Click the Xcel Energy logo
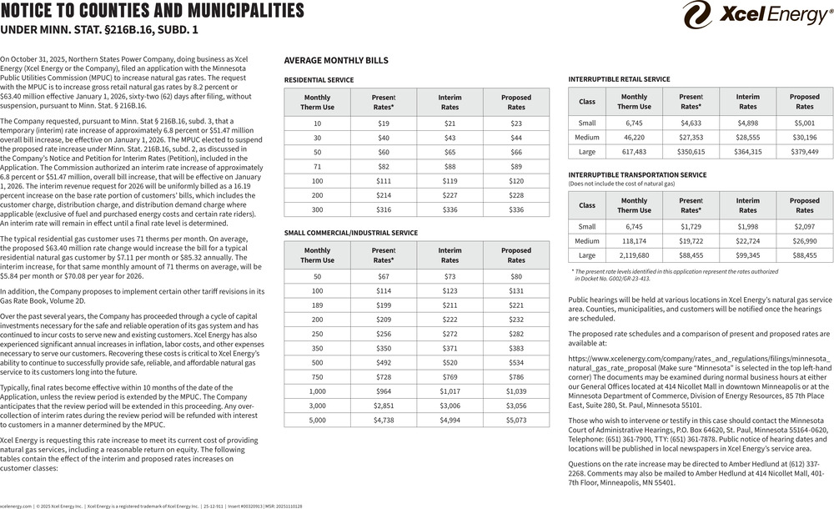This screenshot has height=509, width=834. point(756,15)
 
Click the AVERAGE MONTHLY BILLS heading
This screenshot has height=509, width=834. point(336,61)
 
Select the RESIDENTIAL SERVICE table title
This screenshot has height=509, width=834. point(319,80)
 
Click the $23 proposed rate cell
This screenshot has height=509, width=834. point(516,123)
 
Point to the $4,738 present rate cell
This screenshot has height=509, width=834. point(384,421)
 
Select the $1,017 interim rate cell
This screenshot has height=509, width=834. point(450,391)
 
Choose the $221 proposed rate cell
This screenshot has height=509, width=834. point(516,305)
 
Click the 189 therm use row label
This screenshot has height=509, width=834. point(317,305)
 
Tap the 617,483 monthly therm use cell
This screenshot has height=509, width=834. point(634,152)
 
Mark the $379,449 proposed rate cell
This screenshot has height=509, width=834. point(804,152)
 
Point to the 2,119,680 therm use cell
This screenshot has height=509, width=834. point(634,255)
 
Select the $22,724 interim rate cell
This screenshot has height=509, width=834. point(747,240)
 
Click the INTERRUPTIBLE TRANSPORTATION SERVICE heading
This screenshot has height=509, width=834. point(636,174)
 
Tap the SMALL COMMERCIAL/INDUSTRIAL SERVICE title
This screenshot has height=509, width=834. point(351,233)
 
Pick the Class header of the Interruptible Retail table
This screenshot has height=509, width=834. point(587,102)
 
